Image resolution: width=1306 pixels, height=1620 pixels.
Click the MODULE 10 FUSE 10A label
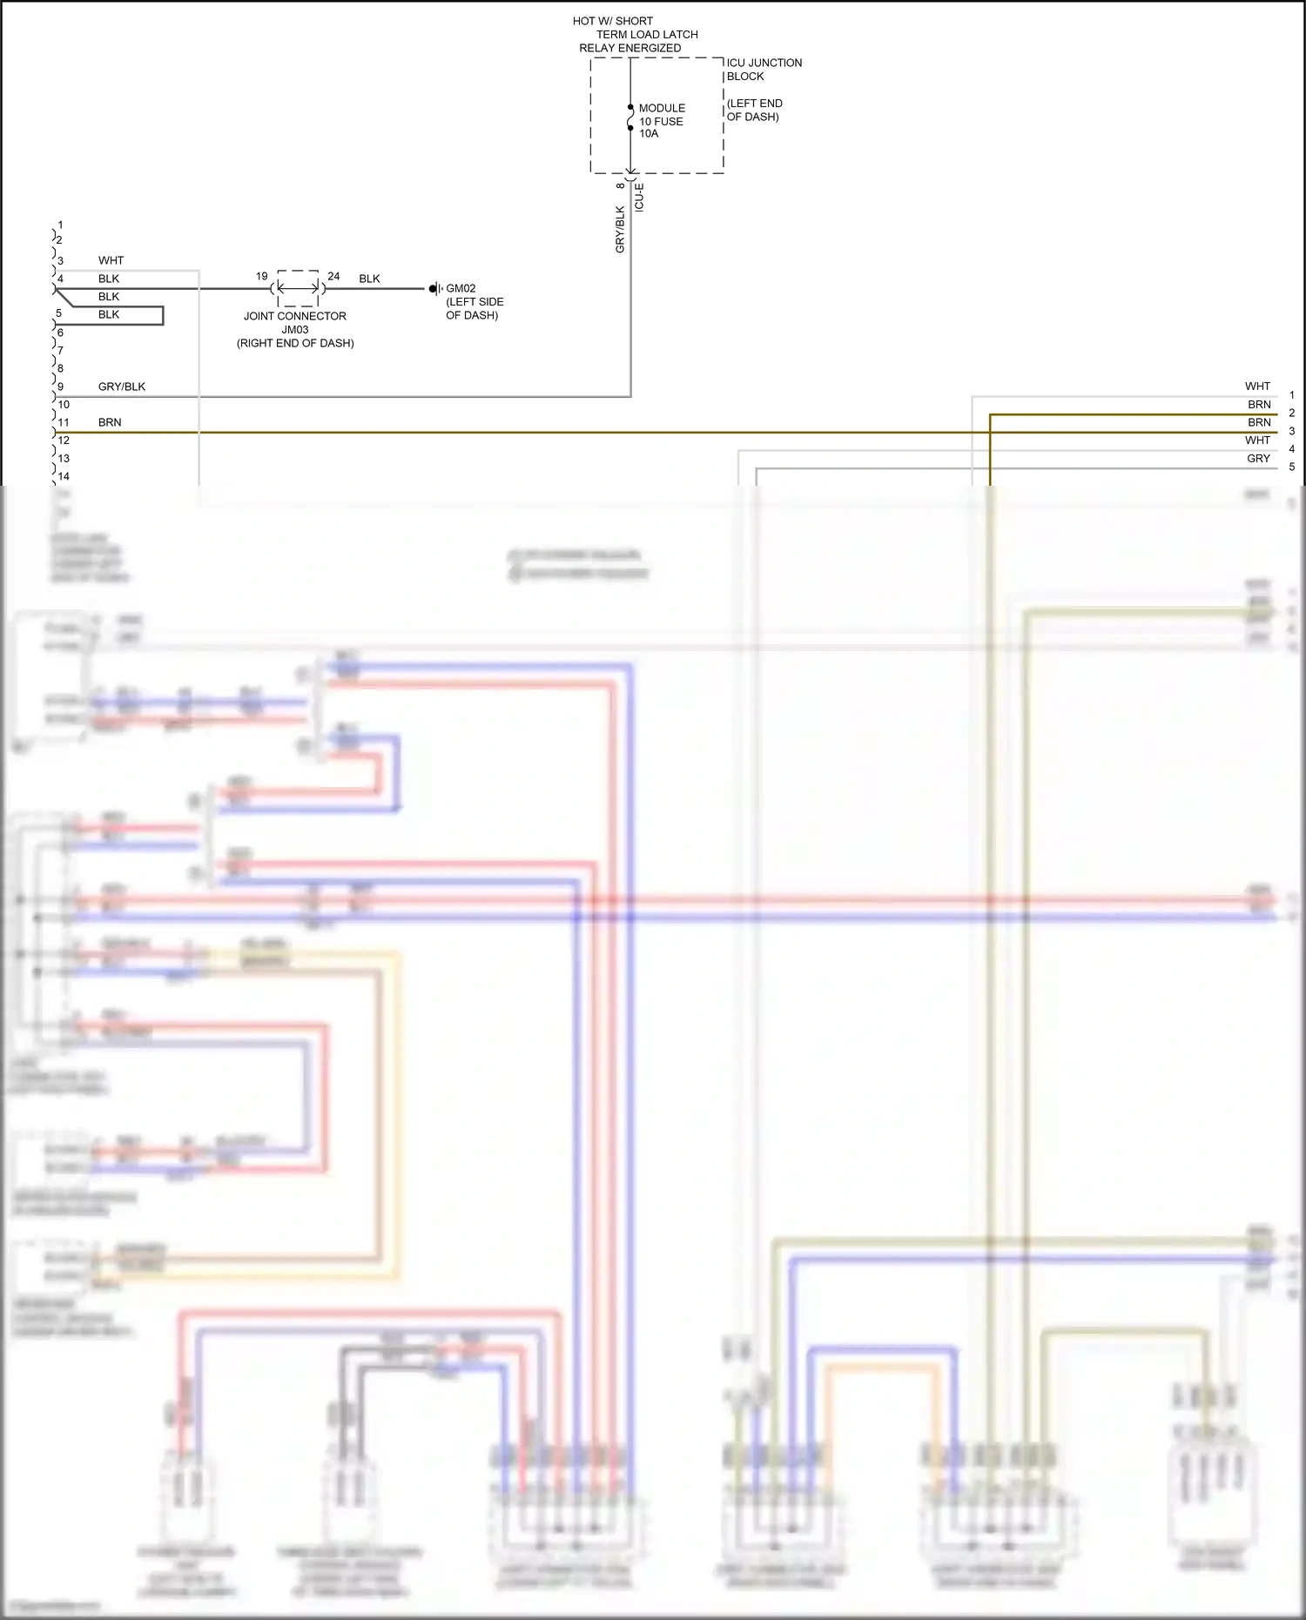coord(661,121)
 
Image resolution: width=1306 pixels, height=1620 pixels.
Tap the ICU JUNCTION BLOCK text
coord(764,70)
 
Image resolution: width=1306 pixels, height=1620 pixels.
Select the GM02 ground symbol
coord(434,289)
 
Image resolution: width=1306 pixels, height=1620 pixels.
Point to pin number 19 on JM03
coord(261,276)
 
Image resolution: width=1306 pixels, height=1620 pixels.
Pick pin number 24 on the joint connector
coord(333,276)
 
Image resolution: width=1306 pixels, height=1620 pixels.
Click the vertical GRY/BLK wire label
coord(620,229)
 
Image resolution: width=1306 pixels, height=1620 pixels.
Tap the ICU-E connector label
coord(639,198)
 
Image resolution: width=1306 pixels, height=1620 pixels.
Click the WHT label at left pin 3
coord(111,260)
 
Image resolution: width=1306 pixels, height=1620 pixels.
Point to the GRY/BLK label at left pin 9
coord(122,387)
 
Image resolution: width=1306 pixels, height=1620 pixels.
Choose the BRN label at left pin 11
coord(110,422)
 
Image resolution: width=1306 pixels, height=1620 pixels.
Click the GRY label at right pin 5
coord(1258,458)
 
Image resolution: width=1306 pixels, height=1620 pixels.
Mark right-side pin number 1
coord(1292,395)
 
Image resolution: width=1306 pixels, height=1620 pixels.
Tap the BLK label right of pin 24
coord(369,279)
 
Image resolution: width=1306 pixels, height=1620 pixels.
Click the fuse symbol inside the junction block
coord(630,118)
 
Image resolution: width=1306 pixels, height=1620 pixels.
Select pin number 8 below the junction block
coord(620,185)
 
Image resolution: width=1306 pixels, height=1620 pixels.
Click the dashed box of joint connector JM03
coord(298,288)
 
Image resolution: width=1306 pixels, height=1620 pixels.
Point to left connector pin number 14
coord(64,476)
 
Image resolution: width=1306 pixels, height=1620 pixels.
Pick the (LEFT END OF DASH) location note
coord(754,110)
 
